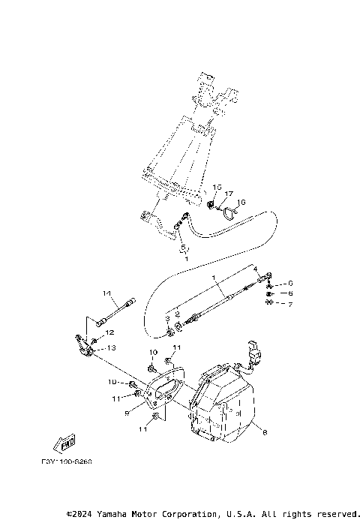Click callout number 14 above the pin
106,293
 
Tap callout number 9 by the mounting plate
127,412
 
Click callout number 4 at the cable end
255,268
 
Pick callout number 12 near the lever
109,332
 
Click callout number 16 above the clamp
241,203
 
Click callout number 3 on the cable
167,319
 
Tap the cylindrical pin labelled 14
116,312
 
